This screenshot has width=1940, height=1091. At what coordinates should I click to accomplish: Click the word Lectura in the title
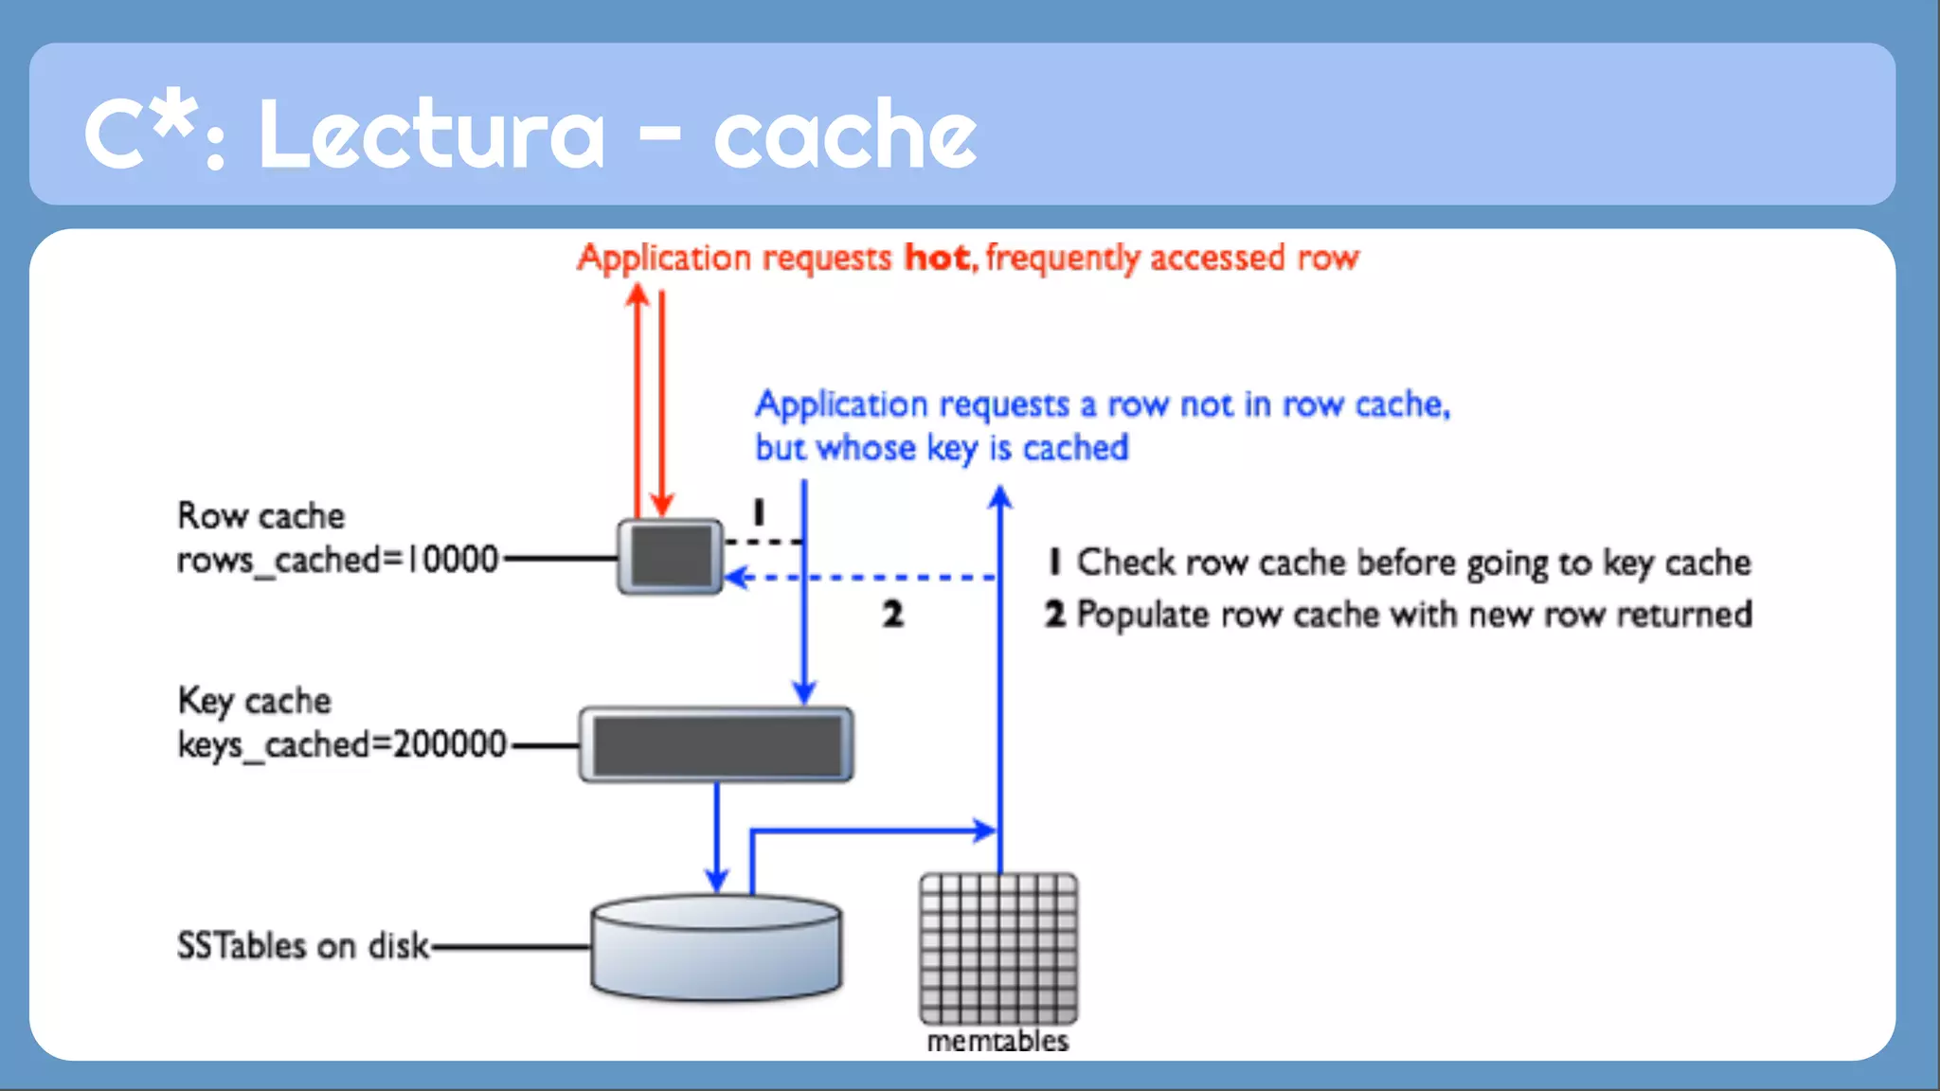431,135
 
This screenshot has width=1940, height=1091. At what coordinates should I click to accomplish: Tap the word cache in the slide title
845,135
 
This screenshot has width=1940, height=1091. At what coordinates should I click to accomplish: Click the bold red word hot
937,258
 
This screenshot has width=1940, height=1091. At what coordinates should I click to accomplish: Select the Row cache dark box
671,557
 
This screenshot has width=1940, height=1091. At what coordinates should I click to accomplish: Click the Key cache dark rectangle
717,745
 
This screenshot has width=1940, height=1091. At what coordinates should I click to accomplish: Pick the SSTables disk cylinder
716,947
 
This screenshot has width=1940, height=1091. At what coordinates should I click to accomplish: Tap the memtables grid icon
998,947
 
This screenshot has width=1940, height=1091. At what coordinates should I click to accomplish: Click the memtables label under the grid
997,1042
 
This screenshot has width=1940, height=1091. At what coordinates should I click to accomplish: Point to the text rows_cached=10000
337,560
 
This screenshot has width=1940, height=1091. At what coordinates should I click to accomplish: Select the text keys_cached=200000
342,744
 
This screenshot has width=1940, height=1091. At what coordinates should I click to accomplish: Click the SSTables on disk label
303,946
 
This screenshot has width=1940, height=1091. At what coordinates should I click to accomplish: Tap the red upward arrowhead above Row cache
638,295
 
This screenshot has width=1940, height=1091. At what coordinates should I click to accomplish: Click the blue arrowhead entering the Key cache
804,693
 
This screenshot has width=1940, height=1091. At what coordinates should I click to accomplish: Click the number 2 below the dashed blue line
892,615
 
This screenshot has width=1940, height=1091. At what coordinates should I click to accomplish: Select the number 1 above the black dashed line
758,512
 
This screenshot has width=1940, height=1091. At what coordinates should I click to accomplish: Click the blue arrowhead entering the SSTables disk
717,881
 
